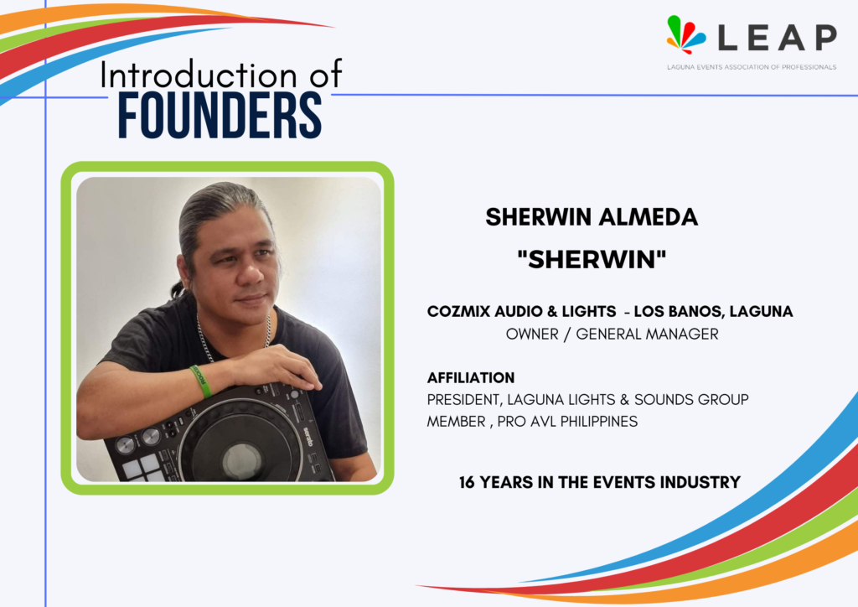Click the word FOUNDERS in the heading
[x=220, y=116]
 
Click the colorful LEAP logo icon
[x=685, y=34]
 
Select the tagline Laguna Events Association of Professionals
[x=752, y=67]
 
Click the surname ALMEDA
[x=649, y=217]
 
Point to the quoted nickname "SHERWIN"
[x=592, y=259]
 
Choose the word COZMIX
[x=458, y=311]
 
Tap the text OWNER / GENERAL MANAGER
[x=612, y=334]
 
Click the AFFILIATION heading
[x=471, y=377]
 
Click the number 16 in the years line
[x=467, y=482]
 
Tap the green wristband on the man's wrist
[x=201, y=381]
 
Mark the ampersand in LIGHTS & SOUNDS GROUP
[x=624, y=400]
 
